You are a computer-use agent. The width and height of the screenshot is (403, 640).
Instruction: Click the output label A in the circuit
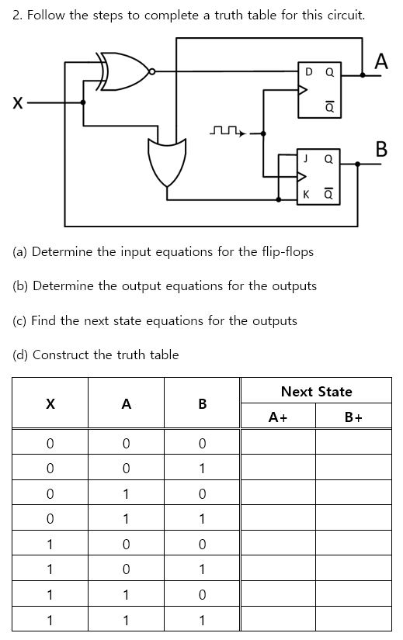pos(380,61)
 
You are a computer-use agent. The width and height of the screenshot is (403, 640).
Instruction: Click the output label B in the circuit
pos(380,149)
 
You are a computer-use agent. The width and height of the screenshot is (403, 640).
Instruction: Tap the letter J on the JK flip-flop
pos(306,158)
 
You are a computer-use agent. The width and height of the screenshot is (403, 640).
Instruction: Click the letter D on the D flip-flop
pos(308,72)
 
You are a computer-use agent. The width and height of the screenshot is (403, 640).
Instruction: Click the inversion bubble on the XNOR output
pos(153,71)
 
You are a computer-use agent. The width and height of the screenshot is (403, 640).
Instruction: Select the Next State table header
pos(316,392)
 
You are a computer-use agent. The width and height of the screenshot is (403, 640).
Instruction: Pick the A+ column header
pos(278,417)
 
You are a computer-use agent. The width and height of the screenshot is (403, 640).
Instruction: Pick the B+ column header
pos(354,417)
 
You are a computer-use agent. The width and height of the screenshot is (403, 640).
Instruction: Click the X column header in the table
pos(50,403)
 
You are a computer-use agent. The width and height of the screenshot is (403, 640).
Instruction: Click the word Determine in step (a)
pos(63,252)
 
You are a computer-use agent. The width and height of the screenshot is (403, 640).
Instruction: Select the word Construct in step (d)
pos(61,355)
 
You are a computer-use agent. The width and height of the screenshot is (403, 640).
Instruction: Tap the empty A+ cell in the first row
pos(278,443)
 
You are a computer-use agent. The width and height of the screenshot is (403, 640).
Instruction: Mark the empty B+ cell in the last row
pos(354,620)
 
